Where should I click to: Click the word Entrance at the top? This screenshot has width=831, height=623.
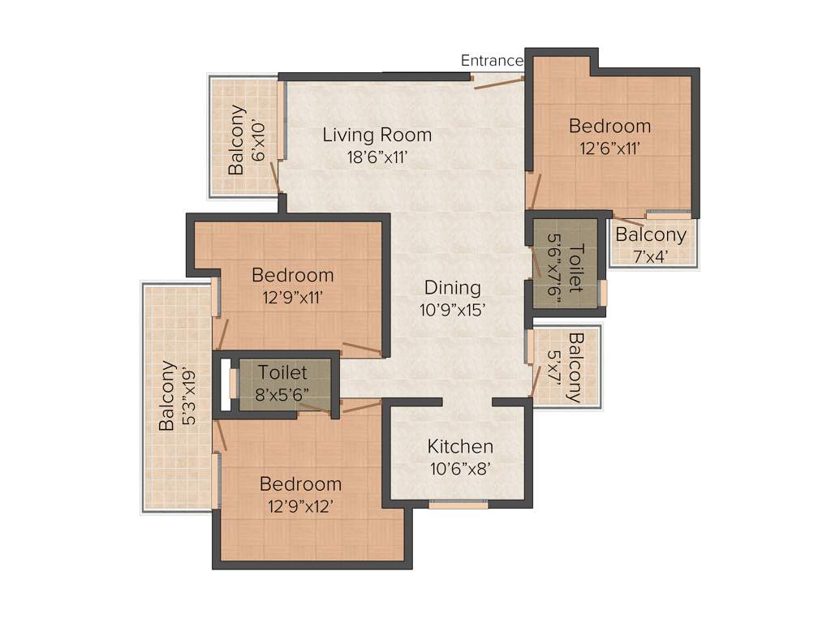coord(492,60)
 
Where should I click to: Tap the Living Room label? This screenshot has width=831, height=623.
coord(377,135)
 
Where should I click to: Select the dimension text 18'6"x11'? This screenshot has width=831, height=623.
coord(377,157)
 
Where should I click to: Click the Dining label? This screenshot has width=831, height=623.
coord(453,288)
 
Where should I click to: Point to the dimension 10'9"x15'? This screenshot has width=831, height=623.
coord(453,311)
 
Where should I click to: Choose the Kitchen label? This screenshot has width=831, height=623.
coord(460,446)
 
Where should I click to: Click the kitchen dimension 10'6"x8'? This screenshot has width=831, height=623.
coord(460,468)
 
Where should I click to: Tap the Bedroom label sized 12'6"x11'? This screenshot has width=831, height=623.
coord(609,126)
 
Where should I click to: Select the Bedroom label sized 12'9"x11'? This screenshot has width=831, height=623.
coord(292,274)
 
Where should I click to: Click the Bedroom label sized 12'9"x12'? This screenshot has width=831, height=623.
coord(300,484)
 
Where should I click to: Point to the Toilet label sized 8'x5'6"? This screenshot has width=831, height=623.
coord(282,373)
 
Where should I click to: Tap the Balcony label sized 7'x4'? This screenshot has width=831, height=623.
coord(651,235)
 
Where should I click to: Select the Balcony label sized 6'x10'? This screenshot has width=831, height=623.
coord(236,140)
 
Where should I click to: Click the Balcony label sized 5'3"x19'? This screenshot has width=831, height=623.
coord(167,396)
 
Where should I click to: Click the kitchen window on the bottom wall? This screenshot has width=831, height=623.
coord(459,505)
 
